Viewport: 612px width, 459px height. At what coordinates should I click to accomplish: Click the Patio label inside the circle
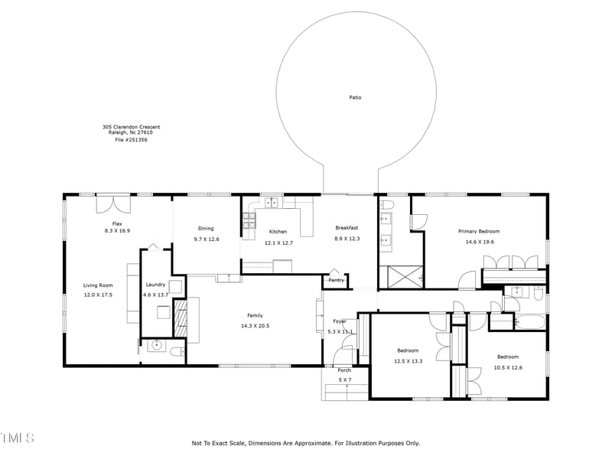[355, 98]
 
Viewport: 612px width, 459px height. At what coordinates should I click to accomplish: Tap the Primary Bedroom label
[478, 231]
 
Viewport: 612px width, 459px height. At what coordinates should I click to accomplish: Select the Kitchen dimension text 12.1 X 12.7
[278, 243]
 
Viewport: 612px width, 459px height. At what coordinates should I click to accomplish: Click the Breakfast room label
[347, 228]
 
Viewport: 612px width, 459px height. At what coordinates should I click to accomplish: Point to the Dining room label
[206, 228]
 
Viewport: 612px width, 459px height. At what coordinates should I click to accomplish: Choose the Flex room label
[117, 223]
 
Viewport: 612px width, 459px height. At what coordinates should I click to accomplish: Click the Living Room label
[98, 285]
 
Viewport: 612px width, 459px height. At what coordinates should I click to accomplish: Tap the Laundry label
[155, 285]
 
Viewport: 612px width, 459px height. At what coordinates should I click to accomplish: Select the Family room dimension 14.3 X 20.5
[255, 326]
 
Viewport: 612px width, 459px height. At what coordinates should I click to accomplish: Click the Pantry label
[336, 280]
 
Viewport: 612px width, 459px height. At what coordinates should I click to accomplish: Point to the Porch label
[344, 370]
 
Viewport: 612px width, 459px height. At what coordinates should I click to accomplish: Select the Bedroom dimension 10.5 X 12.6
[507, 367]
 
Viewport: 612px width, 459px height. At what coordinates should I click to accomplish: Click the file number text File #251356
[131, 139]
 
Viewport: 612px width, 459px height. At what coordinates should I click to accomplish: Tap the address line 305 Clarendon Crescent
[131, 127]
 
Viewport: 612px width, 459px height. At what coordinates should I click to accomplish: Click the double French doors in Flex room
[114, 205]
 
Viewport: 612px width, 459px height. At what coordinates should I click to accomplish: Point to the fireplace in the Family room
[181, 318]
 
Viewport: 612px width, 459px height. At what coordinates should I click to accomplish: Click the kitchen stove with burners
[249, 221]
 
